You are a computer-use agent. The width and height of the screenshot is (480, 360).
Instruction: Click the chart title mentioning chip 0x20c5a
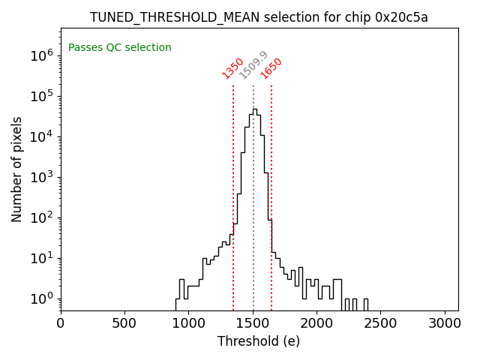(x=259, y=17)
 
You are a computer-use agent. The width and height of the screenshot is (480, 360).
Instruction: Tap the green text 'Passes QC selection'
(x=120, y=48)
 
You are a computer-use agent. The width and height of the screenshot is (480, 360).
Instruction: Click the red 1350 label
(x=232, y=68)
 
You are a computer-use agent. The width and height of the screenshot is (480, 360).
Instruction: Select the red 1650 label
(x=271, y=68)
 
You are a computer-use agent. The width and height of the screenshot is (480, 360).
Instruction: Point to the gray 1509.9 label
(x=253, y=65)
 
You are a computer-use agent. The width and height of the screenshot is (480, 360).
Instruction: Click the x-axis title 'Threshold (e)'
(x=259, y=341)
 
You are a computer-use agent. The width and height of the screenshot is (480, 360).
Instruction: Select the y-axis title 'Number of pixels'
(x=16, y=169)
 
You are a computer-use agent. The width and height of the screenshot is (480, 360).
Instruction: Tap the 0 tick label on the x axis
(x=61, y=322)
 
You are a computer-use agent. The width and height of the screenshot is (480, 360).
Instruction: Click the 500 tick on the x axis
(x=124, y=322)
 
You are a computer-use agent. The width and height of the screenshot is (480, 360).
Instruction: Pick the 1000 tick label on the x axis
(x=189, y=322)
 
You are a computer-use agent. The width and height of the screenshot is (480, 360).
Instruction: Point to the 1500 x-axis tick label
(x=253, y=322)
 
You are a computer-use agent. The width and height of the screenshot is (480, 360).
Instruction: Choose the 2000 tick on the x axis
(x=317, y=322)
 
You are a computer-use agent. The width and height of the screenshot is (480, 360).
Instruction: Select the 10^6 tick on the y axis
(x=41, y=55)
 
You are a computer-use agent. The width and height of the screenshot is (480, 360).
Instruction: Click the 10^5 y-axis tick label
(x=41, y=96)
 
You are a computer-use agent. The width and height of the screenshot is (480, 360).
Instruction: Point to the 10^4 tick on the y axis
(x=41, y=136)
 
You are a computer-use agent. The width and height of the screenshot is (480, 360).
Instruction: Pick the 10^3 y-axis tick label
(x=41, y=177)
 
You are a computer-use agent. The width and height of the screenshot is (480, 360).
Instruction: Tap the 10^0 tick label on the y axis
(x=41, y=299)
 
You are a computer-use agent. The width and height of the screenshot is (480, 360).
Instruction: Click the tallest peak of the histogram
(x=254, y=109)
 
